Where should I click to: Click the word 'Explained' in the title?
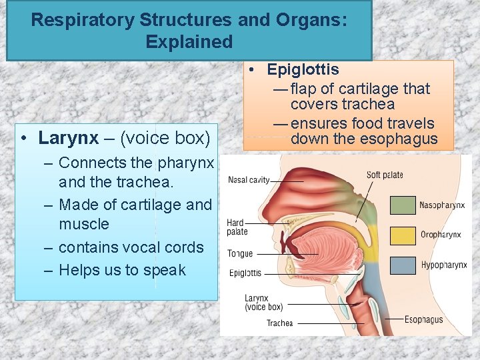189,42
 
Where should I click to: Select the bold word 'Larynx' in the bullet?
66,138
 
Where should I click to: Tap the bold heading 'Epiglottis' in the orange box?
303,69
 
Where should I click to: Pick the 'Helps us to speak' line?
122,270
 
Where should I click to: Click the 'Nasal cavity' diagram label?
249,180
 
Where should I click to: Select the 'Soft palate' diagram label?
385,175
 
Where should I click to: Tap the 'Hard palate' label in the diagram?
236,227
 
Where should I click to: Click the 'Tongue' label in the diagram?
239,254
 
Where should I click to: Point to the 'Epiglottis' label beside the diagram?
245,273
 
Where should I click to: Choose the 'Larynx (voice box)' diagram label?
263,303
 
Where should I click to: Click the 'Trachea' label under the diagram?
279,323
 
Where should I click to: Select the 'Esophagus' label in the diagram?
423,320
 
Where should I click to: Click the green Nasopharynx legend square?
403,205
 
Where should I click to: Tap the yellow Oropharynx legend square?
403,235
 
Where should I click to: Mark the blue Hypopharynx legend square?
403,265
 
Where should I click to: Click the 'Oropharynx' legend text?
441,235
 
